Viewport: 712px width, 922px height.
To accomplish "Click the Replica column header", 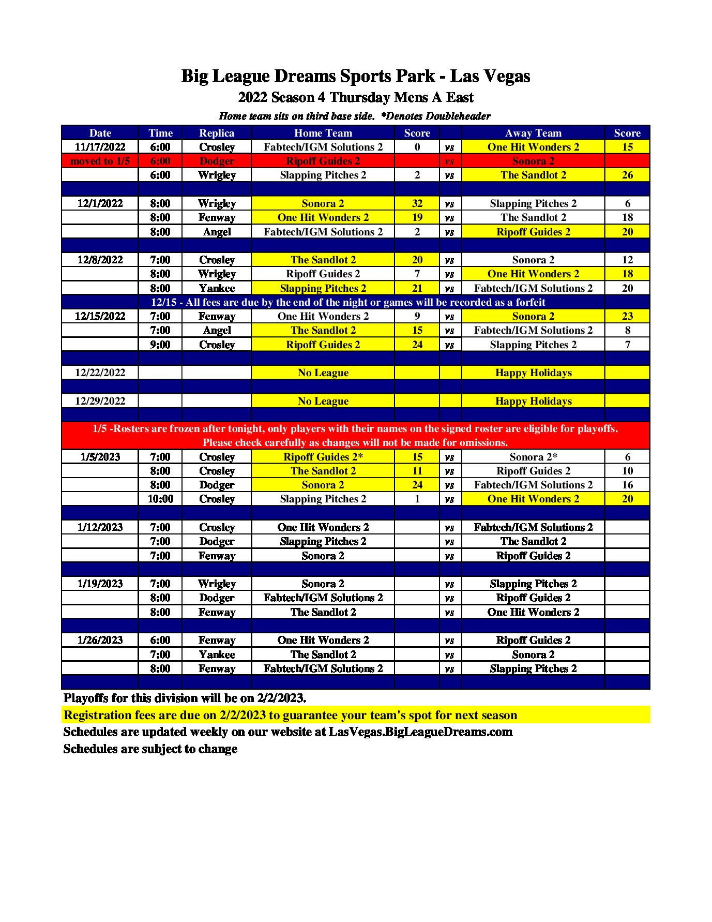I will point(217,133).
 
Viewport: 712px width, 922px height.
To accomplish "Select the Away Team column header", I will point(533,133).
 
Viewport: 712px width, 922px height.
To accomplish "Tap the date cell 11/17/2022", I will point(100,147).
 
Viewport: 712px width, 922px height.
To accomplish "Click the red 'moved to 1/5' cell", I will point(100,161).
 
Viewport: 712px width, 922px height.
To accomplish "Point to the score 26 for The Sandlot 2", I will point(627,175).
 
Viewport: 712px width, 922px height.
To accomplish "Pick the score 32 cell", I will point(417,203).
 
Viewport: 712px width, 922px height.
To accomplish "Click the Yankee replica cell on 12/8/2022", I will point(217,288).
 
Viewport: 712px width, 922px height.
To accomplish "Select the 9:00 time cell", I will point(160,345).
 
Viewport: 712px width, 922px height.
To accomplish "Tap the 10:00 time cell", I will point(160,499).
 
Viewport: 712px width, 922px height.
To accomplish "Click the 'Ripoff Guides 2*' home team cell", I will point(323,457).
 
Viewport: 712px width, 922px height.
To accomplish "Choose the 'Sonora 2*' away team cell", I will point(533,457).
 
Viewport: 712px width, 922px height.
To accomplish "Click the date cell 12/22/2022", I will point(100,373).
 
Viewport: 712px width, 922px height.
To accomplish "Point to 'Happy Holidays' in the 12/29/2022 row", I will point(533,401).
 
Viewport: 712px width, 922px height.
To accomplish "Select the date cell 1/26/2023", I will point(100,640).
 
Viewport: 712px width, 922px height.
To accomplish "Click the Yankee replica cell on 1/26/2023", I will point(217,655).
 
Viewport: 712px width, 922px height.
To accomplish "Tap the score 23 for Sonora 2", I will point(627,316).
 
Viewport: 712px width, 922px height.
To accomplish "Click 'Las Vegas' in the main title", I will point(490,76).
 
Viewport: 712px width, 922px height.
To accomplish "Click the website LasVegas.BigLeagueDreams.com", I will point(420,732).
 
